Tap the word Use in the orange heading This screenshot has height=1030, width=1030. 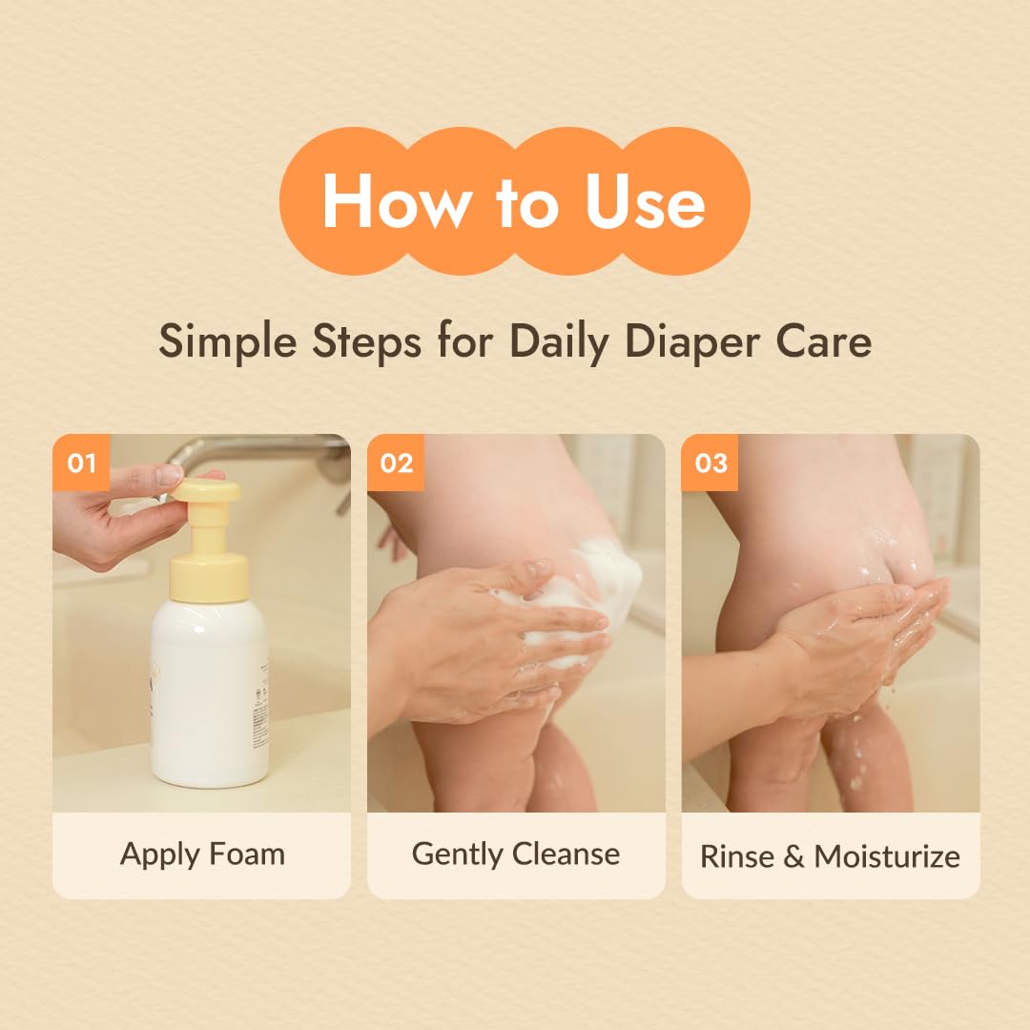coord(645,201)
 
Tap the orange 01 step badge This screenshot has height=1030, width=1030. coord(81,463)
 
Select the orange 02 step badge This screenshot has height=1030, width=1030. coord(396,463)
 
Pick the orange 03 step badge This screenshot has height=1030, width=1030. coord(711,463)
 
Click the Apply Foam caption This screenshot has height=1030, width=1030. coord(202,855)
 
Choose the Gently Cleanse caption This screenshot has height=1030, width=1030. coord(516,855)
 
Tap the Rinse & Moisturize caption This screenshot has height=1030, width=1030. coord(831,855)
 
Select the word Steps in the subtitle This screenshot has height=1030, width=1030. coord(366,341)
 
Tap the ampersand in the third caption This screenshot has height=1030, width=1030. coord(793,855)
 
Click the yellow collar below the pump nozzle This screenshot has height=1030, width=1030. coord(209,578)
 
